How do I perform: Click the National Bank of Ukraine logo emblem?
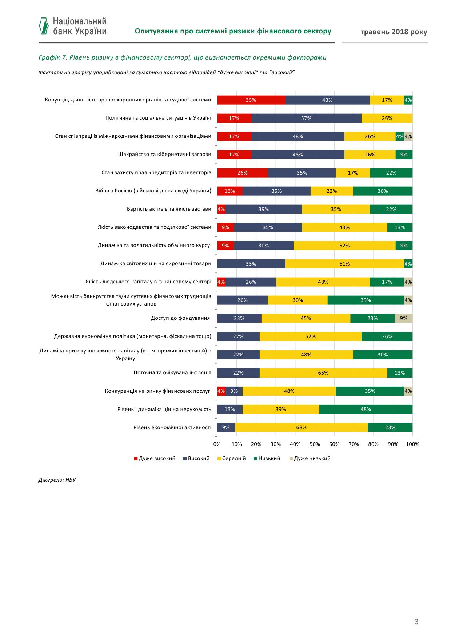click(x=44, y=25)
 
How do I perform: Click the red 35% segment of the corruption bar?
click(x=251, y=100)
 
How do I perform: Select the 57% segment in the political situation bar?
click(x=306, y=118)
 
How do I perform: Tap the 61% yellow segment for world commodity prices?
click(x=344, y=264)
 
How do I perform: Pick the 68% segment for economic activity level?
click(x=301, y=427)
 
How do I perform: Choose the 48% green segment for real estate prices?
click(x=366, y=409)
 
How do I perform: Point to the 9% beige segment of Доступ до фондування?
click(x=403, y=318)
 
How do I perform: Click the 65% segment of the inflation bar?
click(x=323, y=373)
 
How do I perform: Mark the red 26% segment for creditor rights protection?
click(x=243, y=173)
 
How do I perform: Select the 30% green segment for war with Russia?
click(x=383, y=191)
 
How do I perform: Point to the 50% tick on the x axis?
click(x=315, y=444)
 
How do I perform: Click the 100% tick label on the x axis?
click(x=412, y=444)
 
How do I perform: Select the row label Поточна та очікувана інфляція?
click(x=172, y=372)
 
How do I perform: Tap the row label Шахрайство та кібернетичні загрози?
click(x=165, y=154)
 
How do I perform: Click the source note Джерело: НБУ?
click(x=57, y=480)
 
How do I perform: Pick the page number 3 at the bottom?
click(x=417, y=622)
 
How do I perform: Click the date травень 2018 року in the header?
click(x=394, y=32)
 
